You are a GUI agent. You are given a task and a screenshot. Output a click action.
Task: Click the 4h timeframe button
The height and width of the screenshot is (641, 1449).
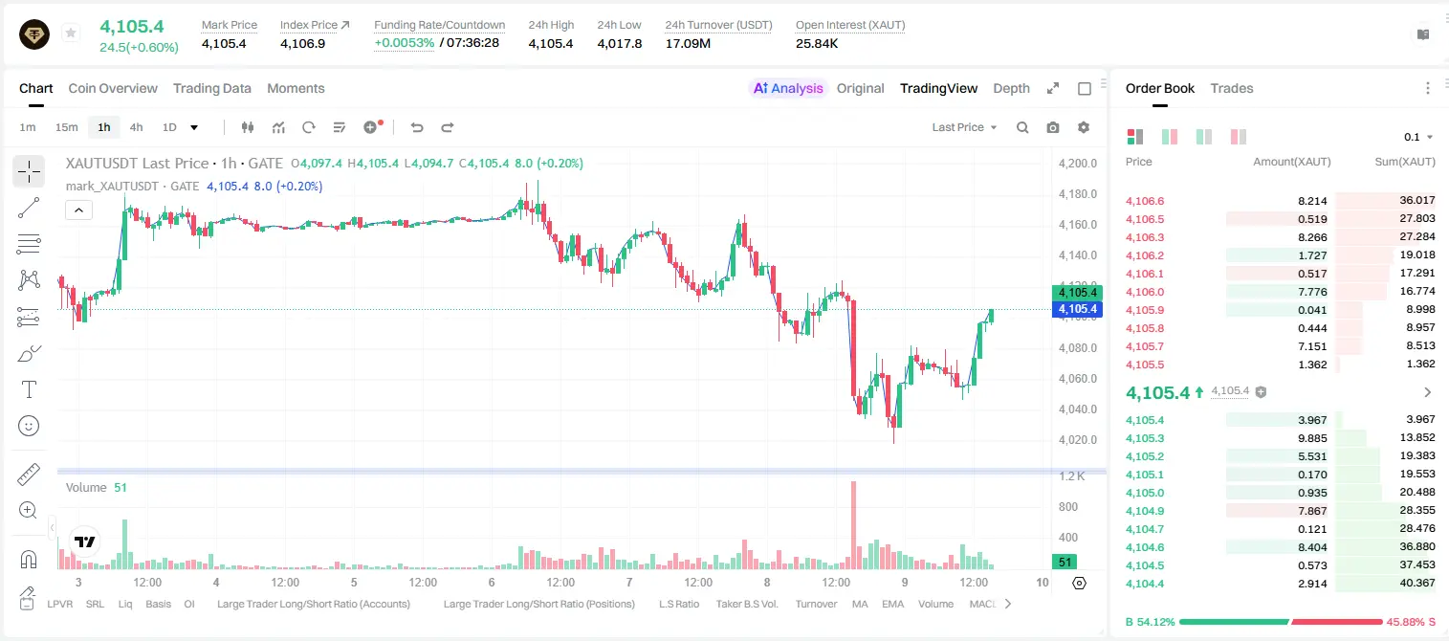click(x=136, y=127)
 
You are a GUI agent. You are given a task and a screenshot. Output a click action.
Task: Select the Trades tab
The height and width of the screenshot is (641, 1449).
click(x=1232, y=89)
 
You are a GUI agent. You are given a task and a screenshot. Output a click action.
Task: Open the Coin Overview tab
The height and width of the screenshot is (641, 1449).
click(x=113, y=89)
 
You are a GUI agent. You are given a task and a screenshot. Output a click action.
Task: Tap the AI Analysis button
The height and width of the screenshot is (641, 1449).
click(x=788, y=89)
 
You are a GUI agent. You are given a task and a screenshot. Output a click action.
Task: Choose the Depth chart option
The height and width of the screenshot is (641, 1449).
click(x=1011, y=89)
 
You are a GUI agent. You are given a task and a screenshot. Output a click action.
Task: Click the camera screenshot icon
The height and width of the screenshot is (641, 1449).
click(x=1053, y=127)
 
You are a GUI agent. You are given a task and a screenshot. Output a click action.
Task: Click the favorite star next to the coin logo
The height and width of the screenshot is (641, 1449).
click(x=71, y=33)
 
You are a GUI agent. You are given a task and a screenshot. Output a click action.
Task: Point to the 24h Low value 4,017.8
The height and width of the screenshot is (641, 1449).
click(x=619, y=43)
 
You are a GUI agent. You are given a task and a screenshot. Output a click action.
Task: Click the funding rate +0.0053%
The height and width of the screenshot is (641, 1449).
click(x=405, y=43)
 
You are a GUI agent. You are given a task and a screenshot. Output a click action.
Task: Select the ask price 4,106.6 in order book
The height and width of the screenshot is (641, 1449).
click(x=1144, y=201)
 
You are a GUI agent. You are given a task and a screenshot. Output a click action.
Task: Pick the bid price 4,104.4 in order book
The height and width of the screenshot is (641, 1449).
click(x=1144, y=584)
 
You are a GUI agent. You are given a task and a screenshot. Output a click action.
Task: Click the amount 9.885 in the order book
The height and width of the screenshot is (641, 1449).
click(x=1312, y=438)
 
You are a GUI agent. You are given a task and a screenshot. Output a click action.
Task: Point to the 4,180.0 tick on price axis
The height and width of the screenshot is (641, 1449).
click(x=1078, y=194)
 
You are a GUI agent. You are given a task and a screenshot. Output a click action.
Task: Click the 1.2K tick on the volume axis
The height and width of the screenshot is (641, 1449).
click(x=1072, y=476)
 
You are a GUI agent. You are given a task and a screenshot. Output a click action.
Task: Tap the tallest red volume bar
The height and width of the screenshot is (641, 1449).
click(x=853, y=525)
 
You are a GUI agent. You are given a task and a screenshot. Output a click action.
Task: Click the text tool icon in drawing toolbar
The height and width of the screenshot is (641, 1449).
click(x=29, y=390)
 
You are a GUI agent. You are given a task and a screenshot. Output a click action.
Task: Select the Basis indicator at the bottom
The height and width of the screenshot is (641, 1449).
click(x=158, y=604)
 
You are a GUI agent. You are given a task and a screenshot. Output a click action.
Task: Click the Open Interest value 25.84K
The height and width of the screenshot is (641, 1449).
click(x=817, y=43)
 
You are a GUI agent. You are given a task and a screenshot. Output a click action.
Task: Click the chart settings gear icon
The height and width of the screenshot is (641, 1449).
click(x=1084, y=127)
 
